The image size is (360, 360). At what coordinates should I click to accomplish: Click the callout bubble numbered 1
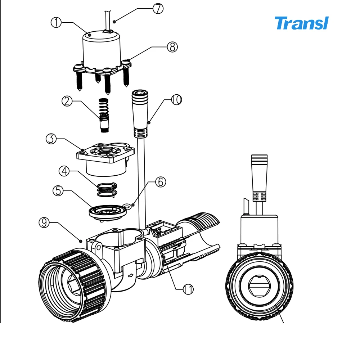click(56, 22)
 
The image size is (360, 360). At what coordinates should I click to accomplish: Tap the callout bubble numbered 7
click(158, 8)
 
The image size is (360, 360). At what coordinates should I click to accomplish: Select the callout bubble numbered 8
click(172, 46)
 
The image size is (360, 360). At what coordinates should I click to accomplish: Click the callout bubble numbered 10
click(176, 100)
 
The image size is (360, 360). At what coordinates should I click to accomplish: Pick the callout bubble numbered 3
click(51, 138)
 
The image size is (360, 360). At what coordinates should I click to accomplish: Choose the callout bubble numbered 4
click(65, 171)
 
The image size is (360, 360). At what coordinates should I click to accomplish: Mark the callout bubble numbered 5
click(59, 190)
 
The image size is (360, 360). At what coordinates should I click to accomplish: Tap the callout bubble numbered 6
click(160, 182)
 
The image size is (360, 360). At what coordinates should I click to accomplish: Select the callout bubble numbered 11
click(188, 289)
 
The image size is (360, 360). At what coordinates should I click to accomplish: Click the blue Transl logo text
click(302, 23)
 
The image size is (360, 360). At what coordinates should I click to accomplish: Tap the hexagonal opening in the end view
click(259, 286)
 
